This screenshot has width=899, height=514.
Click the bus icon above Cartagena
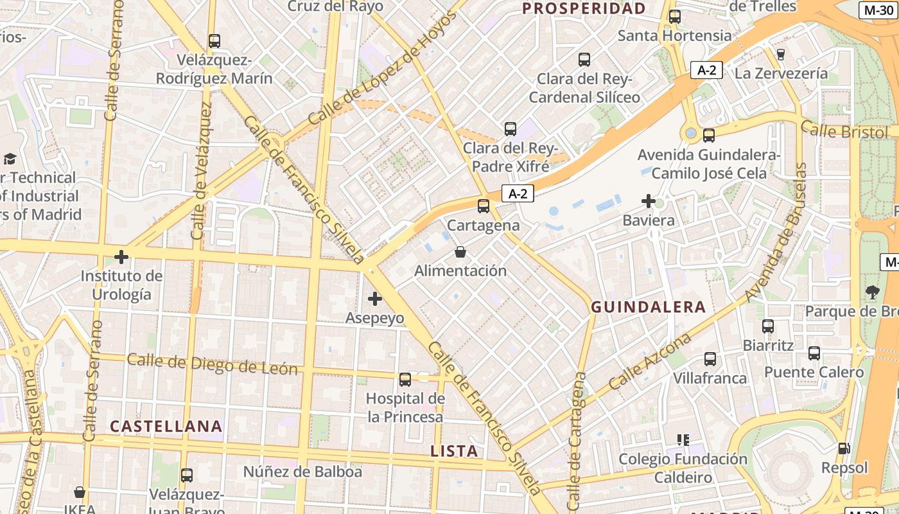[x=484, y=206]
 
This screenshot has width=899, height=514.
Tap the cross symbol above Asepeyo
[x=375, y=298]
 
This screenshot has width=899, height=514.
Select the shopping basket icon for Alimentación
[x=460, y=252]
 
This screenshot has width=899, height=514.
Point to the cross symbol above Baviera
[x=649, y=202]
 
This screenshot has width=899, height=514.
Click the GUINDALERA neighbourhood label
[x=648, y=307]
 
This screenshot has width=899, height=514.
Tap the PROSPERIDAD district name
[x=583, y=8]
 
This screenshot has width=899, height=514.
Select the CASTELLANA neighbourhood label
[x=166, y=426]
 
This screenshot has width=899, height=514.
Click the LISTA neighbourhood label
[x=454, y=451]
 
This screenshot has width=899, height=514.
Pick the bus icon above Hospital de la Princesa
[x=405, y=379]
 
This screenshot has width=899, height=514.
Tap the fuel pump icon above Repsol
[x=844, y=448]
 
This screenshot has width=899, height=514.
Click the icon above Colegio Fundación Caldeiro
[x=683, y=440]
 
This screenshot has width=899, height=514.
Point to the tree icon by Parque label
[x=873, y=292]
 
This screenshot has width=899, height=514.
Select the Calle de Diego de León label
[x=212, y=364]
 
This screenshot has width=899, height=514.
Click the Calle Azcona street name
[x=650, y=362]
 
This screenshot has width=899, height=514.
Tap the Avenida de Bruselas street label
[x=773, y=233]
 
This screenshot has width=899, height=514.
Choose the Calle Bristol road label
[x=844, y=132]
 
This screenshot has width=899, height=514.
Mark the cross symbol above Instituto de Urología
[x=121, y=257]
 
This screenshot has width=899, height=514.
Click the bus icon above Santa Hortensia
[x=674, y=17]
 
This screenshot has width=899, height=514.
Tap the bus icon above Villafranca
[x=710, y=359]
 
